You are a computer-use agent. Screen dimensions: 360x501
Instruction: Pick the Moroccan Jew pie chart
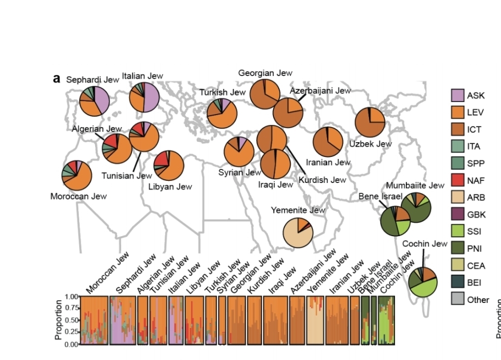pyautogui.click(x=77, y=175)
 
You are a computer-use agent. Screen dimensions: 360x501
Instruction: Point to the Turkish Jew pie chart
pyautogui.click(x=222, y=113)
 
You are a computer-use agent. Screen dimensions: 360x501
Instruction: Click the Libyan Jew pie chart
pyautogui.click(x=168, y=166)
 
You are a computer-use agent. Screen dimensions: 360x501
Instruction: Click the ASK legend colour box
pyautogui.click(x=458, y=96)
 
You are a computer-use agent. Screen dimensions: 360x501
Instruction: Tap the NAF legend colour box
pyautogui.click(x=458, y=180)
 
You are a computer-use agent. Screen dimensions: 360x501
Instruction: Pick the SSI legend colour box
pyautogui.click(x=458, y=231)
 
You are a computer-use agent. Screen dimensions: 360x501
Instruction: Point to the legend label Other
pyautogui.click(x=478, y=300)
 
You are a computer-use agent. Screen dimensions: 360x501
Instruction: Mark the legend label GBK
pyautogui.click(x=476, y=214)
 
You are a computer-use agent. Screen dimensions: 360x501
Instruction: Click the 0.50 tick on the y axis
pyautogui.click(x=72, y=320)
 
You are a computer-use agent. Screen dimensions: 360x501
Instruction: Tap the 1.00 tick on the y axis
pyautogui.click(x=72, y=296)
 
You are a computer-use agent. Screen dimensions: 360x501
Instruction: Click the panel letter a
pyautogui.click(x=57, y=78)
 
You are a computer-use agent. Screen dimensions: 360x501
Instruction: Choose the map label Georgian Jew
pyautogui.click(x=265, y=73)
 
